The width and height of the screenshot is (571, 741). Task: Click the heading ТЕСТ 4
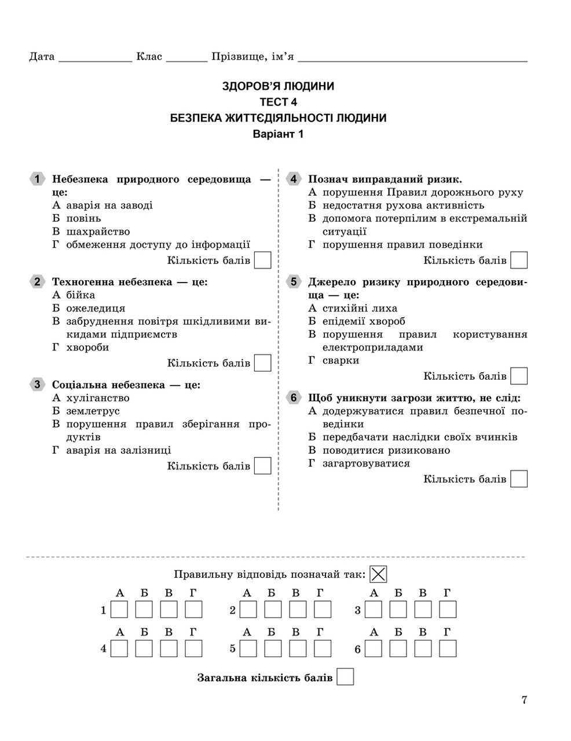278,102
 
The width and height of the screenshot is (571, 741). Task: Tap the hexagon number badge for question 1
36,179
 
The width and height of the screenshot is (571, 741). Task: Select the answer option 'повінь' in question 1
83,218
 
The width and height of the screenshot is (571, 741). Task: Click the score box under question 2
263,363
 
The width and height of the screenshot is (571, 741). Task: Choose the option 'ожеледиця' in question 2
96,308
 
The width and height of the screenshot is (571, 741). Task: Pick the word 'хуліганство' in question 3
98,398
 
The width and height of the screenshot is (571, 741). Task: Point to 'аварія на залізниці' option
119,450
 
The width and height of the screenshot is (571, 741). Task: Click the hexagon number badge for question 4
293,179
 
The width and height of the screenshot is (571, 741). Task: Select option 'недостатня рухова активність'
403,205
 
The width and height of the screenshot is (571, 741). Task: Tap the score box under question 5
519,376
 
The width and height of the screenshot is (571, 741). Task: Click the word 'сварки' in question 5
341,360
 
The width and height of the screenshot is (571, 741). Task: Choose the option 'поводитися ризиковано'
386,450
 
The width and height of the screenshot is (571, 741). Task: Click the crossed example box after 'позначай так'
378,574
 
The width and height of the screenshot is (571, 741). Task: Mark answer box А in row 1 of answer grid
119,610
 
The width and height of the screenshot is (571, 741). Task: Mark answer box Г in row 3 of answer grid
448,610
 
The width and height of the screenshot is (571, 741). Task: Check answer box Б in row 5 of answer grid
273,648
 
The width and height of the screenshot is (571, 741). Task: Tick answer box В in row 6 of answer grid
423,648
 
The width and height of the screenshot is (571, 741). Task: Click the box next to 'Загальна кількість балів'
345,677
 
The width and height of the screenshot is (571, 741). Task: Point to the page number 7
524,700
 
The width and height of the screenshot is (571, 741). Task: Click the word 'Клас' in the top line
149,57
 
